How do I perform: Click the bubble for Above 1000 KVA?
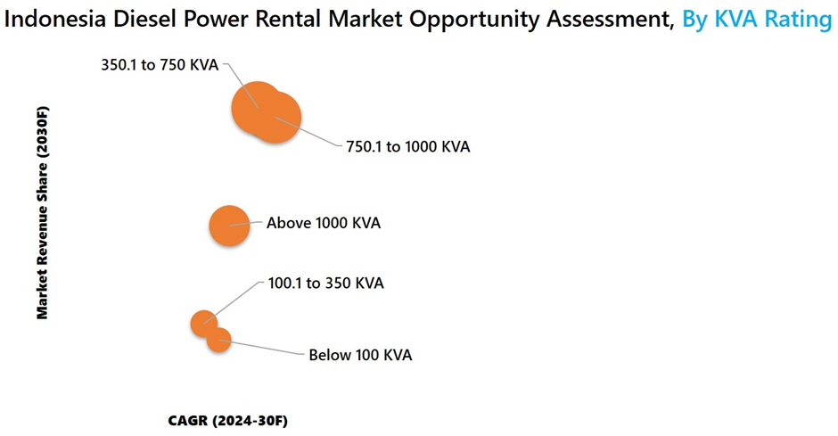229,226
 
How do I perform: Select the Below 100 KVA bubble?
218,340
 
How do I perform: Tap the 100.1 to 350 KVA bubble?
203,324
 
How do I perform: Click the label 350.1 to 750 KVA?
160,65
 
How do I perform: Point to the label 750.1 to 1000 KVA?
407,146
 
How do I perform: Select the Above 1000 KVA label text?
324,223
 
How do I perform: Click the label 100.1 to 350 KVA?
325,284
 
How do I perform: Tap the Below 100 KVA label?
360,356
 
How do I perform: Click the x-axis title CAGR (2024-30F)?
227,421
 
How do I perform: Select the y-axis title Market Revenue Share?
42,213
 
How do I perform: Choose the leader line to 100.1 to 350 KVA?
234,302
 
